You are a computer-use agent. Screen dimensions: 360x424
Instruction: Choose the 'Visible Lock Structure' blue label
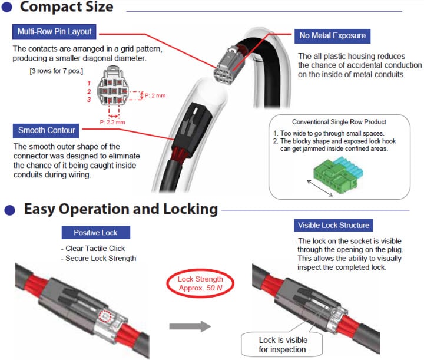point(333,225)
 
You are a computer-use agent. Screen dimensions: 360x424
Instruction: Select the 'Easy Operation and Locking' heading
point(121,209)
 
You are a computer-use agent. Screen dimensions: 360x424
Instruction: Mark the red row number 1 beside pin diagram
point(89,84)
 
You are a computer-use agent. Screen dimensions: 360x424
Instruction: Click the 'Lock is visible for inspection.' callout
point(283,345)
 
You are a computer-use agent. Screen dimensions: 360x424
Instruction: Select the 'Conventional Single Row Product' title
point(339,122)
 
